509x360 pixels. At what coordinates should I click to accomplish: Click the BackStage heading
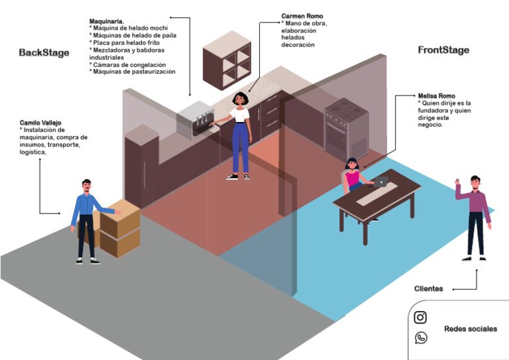44,52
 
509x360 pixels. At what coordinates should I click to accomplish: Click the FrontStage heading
443,50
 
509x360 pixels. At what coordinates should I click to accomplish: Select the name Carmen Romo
303,16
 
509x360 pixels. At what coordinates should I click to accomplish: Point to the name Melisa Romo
437,96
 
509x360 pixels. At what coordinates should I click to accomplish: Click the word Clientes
429,288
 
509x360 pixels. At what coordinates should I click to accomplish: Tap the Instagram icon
420,318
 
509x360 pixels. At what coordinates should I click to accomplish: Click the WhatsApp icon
420,338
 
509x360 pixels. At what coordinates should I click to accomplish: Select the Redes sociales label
470,330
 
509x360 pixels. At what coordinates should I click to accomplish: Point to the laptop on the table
381,181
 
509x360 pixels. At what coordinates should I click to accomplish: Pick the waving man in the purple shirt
476,215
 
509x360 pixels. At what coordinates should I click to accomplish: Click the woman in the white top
239,135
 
